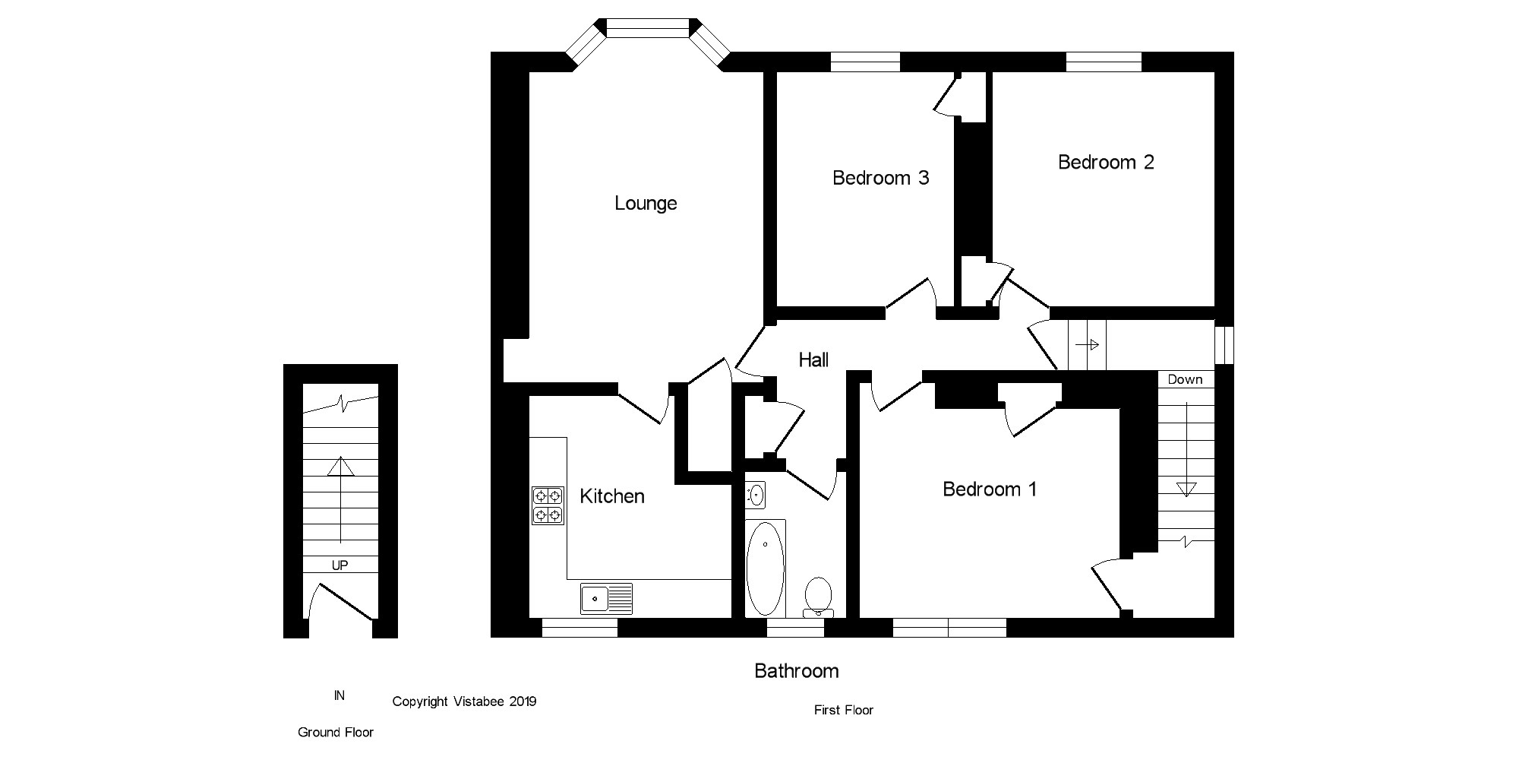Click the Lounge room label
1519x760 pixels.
coord(646,203)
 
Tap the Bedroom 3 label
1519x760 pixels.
coord(880,178)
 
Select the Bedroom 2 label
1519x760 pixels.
coord(1106,162)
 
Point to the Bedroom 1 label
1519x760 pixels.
coord(989,489)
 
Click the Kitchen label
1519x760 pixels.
coord(611,496)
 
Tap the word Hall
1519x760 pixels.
coord(813,360)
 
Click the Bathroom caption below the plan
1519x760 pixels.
coord(796,671)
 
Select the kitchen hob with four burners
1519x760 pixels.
coord(548,505)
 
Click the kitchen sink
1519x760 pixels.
coord(606,598)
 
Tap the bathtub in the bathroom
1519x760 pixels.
coord(765,568)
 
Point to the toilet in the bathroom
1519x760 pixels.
coord(818,597)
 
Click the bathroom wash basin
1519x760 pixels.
coord(756,496)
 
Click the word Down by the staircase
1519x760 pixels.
coord(1185,379)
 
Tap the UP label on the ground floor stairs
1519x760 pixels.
coord(339,565)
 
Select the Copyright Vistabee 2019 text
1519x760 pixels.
coord(464,701)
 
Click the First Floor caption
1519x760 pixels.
coord(843,710)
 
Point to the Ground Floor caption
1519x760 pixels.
coord(335,733)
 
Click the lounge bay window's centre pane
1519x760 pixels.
coord(648,28)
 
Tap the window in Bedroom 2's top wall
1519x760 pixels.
coord(1103,62)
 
